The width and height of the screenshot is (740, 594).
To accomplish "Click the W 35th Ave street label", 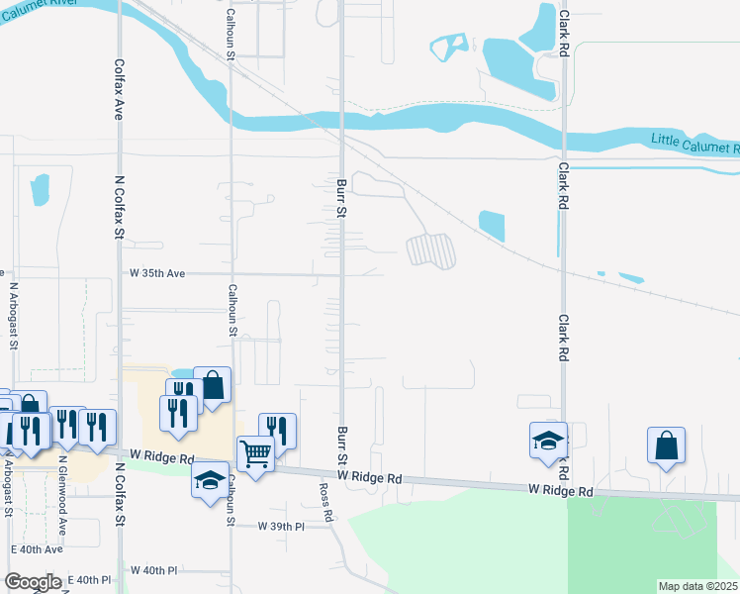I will click(157, 272).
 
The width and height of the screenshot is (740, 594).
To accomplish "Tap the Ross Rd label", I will click(324, 502).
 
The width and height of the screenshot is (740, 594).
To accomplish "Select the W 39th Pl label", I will click(280, 527).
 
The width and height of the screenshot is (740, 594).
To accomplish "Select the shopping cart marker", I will click(256, 454).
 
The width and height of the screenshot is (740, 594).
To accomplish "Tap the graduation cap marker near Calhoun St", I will click(209, 480).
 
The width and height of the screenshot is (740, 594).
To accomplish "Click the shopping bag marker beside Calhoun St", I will click(213, 384).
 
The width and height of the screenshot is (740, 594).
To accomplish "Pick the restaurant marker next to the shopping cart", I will click(278, 431).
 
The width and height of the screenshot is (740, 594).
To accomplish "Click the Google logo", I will click(33, 582).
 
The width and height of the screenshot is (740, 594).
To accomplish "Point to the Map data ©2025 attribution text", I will click(698, 586).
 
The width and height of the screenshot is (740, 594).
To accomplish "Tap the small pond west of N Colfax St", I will click(40, 190).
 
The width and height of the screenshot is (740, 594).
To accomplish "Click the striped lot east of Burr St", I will click(431, 250).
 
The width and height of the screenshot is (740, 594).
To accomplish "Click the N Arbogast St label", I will click(14, 317).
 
